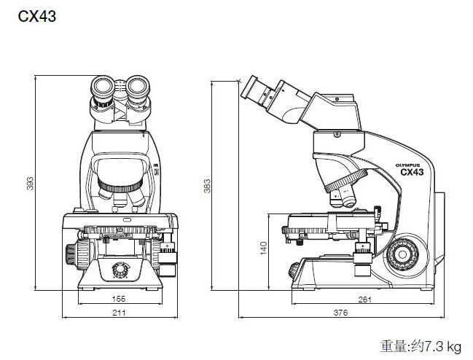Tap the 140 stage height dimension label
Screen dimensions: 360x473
pos(262,249)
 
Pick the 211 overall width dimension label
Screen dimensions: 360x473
pos(119,313)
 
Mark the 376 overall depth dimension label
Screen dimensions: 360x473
pos(340,313)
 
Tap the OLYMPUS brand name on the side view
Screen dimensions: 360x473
pos(409,165)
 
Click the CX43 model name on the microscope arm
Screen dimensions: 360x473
pos(412,173)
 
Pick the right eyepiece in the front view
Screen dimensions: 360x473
pos(138,90)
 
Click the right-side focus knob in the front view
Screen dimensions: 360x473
pos(168,254)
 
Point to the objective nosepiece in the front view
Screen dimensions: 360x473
pos(120,191)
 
